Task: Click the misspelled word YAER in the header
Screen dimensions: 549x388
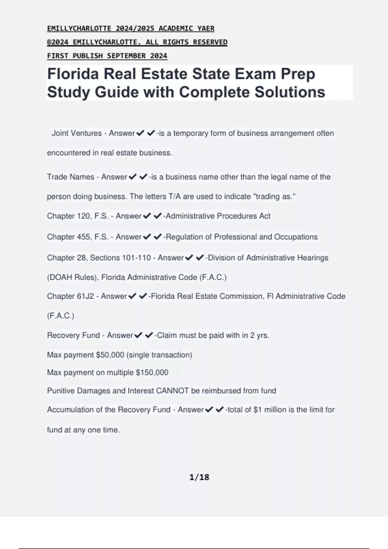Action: tap(206, 28)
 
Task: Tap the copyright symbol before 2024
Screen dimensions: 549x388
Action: tap(49, 42)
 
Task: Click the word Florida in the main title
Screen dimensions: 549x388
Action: tap(73, 74)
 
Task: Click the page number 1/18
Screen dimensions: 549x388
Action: tap(199, 477)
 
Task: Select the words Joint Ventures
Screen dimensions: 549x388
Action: tap(77, 133)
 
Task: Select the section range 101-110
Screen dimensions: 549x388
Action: tap(136, 258)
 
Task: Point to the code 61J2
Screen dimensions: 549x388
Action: tap(85, 296)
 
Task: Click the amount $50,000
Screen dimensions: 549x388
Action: tap(110, 355)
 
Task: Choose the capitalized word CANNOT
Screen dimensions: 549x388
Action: tap(172, 391)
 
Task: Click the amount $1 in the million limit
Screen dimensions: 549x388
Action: tap(257, 409)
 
